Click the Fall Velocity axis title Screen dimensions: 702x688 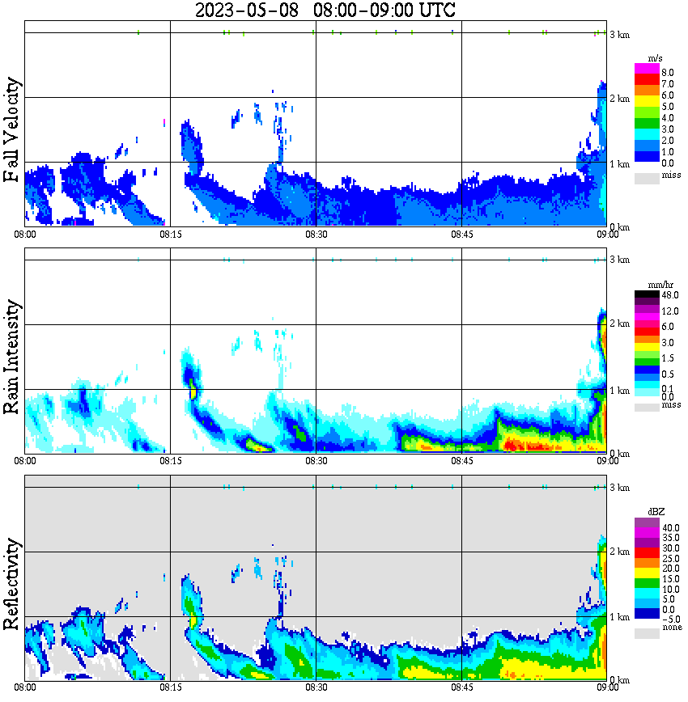[x=12, y=130]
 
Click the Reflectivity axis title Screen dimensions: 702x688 [x=12, y=586]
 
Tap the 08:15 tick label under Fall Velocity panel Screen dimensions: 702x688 [x=170, y=235]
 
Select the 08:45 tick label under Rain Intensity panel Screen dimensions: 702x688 [x=461, y=461]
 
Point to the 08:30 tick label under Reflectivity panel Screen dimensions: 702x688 [x=316, y=687]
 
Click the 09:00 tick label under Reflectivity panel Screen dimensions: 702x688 [x=607, y=687]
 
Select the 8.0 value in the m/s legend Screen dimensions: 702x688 [x=667, y=72]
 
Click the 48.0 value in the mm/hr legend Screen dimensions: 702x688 [x=669, y=295]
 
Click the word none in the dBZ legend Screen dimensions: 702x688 [x=671, y=628]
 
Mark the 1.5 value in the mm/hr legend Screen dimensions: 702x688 [x=669, y=357]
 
